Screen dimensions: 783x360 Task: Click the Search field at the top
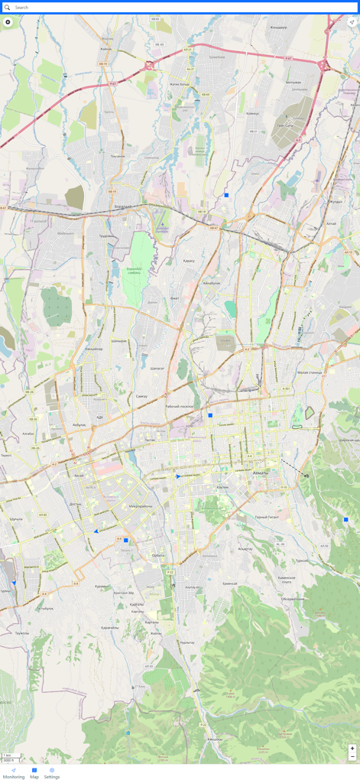tap(180, 8)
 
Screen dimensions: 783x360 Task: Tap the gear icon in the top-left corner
tap(8, 22)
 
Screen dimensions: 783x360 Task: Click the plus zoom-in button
tap(352, 749)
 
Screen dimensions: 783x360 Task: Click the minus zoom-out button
tap(352, 756)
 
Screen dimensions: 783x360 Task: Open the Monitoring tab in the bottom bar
tap(14, 773)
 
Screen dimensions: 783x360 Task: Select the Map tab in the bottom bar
tap(34, 773)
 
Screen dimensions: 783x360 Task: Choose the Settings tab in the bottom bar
tap(52, 773)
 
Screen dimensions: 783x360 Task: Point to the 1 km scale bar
tap(9, 755)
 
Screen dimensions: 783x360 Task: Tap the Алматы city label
tap(261, 473)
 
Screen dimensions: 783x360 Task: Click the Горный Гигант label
tap(267, 517)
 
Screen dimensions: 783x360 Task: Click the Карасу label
tap(189, 260)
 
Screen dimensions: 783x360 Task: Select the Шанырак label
tap(118, 341)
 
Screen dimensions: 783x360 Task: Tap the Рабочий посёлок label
tap(179, 406)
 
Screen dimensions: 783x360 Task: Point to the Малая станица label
tap(310, 372)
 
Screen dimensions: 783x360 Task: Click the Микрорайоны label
tap(140, 505)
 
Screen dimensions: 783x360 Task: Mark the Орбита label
tap(158, 555)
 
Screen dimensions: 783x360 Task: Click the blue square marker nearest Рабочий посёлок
tap(210, 415)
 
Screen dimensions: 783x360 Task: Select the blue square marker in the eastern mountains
tap(346, 520)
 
